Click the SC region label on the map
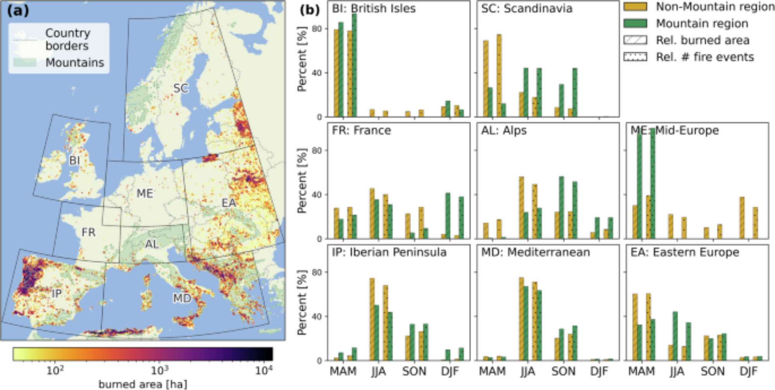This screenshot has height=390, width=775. coord(181,88)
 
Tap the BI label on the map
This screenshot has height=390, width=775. coord(74,160)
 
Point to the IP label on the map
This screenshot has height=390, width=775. coord(57,293)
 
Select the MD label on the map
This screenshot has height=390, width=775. coord(182,298)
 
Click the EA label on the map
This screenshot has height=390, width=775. coord(229,203)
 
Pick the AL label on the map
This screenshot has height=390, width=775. coord(152,244)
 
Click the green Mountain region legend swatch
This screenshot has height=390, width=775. coord(635,24)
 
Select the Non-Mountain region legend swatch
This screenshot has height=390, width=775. coord(635,7)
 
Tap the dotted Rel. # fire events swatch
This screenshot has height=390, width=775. coord(635,57)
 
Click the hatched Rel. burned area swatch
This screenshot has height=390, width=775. coord(635,40)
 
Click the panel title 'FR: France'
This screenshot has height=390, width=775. coord(361,131)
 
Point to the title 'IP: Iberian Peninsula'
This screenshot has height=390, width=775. coord(389,253)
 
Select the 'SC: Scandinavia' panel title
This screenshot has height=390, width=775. coord(527,9)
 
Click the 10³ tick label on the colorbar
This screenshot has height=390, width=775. coord(159,371)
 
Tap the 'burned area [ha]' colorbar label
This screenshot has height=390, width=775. coord(143,384)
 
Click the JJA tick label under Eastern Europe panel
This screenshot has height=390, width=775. coord(677,371)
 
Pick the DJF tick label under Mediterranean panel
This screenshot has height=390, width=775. coord(599,371)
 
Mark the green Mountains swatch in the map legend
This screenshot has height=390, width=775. coord(25,62)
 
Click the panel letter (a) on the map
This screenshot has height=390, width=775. coord(18,10)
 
